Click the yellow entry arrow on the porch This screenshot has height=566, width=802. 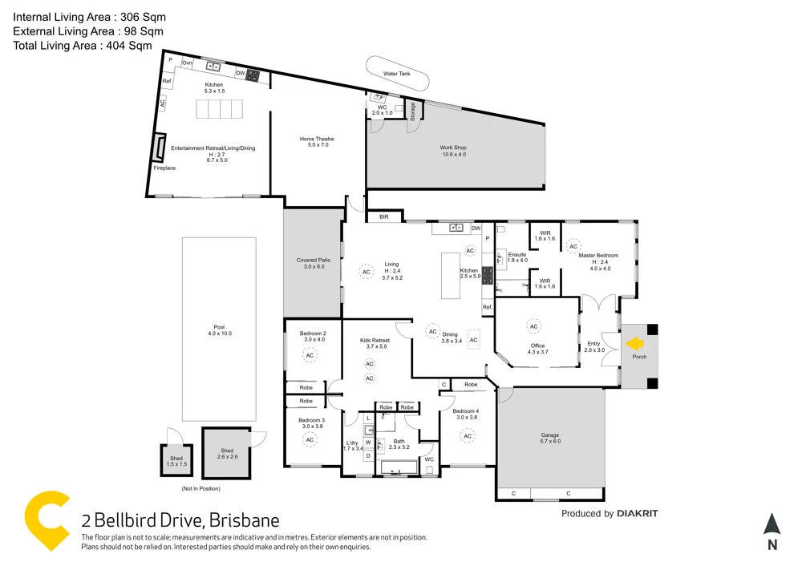635,343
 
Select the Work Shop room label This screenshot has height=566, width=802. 452,148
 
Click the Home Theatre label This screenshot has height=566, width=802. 317,139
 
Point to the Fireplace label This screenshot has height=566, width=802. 164,168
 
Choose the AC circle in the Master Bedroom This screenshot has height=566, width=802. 573,247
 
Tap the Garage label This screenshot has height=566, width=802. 550,436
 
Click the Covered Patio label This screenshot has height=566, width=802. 313,261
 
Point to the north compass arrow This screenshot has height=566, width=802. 772,526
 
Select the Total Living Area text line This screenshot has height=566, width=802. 82,46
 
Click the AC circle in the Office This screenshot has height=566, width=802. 533,326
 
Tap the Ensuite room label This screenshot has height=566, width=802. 517,255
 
